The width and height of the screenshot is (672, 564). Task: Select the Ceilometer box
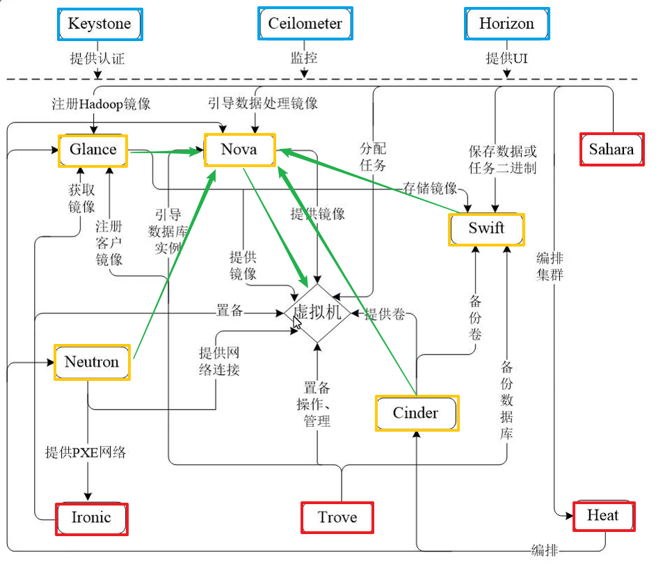305,24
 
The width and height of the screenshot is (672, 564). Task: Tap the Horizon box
506,24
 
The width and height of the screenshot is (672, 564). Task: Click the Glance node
93,150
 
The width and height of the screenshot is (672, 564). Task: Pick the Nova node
239,150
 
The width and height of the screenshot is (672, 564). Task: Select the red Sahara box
612,150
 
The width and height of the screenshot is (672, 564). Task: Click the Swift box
486,229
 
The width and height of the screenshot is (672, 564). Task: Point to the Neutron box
92,362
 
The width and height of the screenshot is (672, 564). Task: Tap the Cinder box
416,413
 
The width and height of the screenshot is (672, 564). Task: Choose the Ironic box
92,518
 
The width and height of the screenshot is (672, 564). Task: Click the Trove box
337,517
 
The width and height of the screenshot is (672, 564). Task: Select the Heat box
602,516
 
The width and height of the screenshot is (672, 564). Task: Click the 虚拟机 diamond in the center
318,313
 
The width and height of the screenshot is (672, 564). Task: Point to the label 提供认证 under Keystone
98,58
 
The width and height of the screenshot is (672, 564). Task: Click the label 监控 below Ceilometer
304,58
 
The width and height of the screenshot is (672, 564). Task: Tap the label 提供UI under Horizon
506,58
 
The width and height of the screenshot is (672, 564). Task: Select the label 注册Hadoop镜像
102,104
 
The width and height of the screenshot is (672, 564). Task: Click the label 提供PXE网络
86,453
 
